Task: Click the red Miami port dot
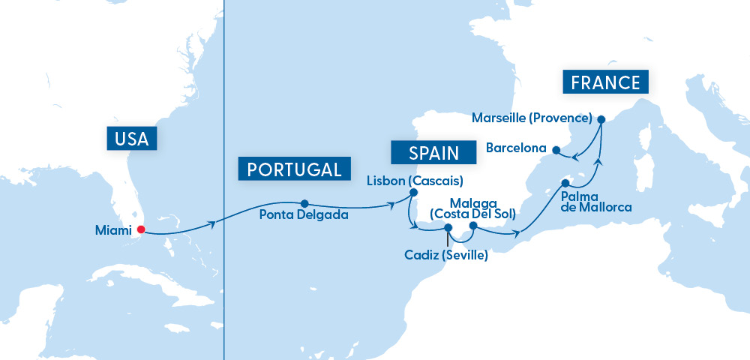[140, 230]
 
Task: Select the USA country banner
[133, 138]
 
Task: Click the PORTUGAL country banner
[294, 169]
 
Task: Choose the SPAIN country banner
[433, 153]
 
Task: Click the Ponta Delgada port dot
[304, 203]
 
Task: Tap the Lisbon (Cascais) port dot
[412, 193]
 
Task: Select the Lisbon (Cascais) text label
[415, 180]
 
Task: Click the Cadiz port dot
[448, 228]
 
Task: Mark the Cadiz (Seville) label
[445, 255]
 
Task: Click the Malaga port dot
[473, 225]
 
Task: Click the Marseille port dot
[601, 118]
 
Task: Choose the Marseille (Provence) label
[532, 118]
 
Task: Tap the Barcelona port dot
[556, 148]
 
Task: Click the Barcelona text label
[516, 148]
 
